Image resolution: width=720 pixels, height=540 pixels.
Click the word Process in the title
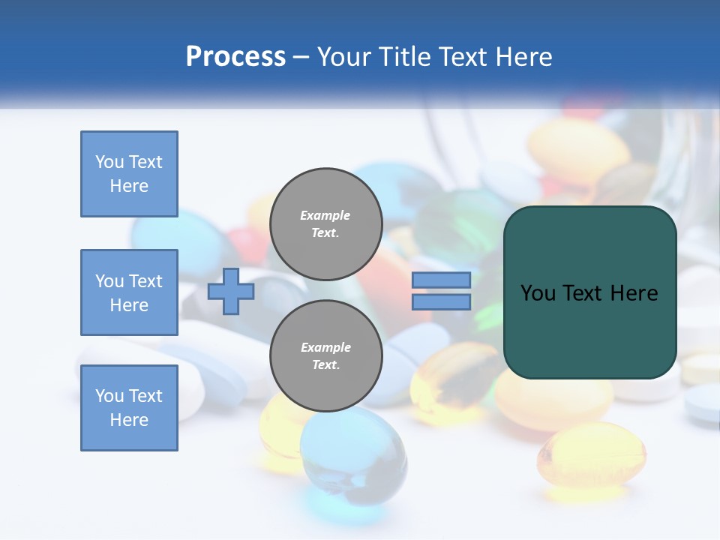pyautogui.click(x=235, y=56)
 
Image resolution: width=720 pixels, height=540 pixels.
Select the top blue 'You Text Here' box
pyautogui.click(x=129, y=174)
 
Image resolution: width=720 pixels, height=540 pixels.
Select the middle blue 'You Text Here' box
pyautogui.click(x=129, y=292)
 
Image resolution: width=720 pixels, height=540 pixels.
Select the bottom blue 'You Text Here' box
pyautogui.click(x=129, y=408)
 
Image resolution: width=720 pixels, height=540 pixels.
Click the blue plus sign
pyautogui.click(x=231, y=291)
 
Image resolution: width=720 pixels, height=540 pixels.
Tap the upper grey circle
pyautogui.click(x=325, y=223)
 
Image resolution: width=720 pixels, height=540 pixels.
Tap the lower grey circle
pyautogui.click(x=325, y=356)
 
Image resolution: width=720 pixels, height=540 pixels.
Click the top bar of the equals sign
pyautogui.click(x=441, y=280)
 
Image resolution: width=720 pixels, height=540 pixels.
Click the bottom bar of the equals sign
pyautogui.click(x=441, y=302)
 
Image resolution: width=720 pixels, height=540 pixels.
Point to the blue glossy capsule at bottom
pyautogui.click(x=352, y=457)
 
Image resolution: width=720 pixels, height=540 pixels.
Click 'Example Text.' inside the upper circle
pyautogui.click(x=325, y=223)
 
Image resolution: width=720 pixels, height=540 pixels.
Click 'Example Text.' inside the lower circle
pyautogui.click(x=325, y=356)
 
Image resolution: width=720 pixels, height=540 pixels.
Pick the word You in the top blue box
pyautogui.click(x=109, y=162)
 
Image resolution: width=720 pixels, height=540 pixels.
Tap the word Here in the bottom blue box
pyautogui.click(x=129, y=420)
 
